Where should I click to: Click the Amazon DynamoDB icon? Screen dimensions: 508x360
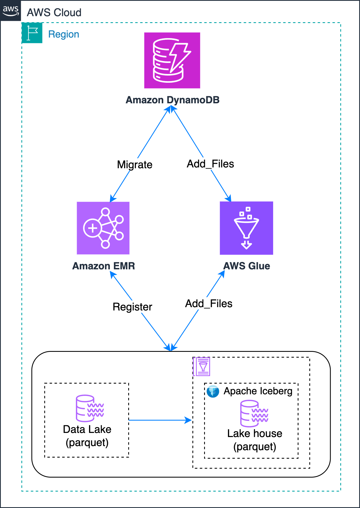(x=172, y=60)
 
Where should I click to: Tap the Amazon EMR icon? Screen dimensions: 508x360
(x=103, y=228)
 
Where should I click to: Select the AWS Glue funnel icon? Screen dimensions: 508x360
(x=246, y=228)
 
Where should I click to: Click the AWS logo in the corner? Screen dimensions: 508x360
(x=10, y=10)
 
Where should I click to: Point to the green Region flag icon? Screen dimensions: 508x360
(x=32, y=33)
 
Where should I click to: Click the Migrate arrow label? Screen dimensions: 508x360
(x=135, y=165)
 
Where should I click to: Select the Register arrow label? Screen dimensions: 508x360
(x=132, y=307)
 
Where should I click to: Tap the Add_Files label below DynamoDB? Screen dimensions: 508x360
(x=210, y=164)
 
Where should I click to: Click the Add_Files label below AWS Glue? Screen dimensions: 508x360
(x=209, y=304)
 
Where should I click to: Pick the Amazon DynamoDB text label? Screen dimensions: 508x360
(x=172, y=100)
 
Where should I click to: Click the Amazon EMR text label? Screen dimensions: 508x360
(x=104, y=266)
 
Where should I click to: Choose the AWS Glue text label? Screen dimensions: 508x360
(x=247, y=266)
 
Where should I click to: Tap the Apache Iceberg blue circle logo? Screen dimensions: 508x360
(x=213, y=391)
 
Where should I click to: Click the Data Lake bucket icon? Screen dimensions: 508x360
(x=89, y=408)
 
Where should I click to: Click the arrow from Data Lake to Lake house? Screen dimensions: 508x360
(x=160, y=420)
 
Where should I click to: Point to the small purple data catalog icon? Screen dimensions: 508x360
(x=202, y=366)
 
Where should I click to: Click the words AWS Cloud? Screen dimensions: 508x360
(x=54, y=13)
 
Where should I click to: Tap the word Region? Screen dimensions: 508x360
(x=64, y=34)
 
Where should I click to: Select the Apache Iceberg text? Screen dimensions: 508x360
(x=258, y=391)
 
